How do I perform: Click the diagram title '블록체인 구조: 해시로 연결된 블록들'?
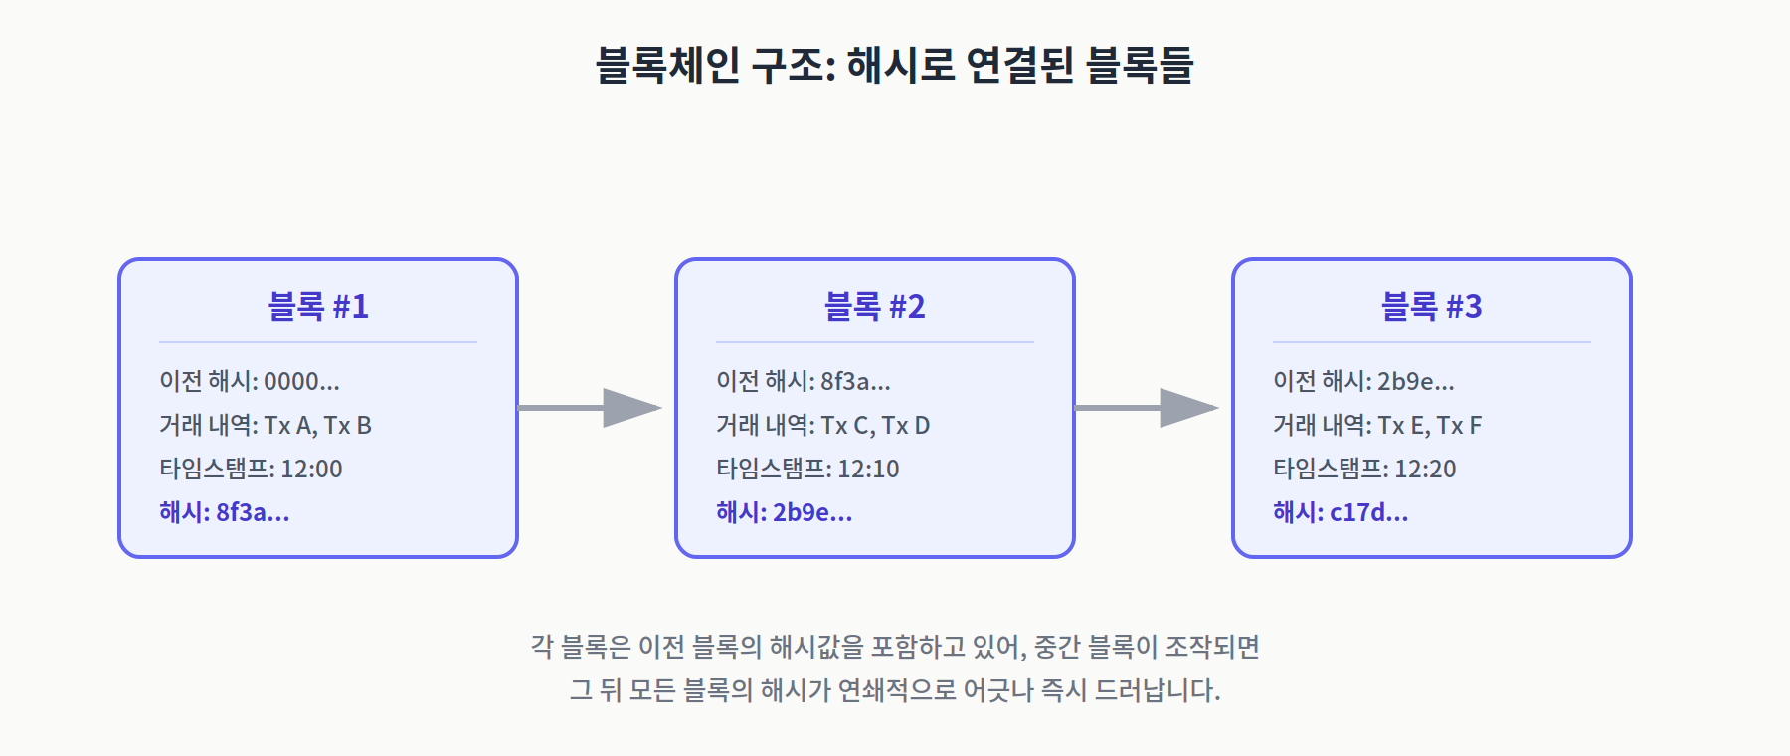tap(894, 65)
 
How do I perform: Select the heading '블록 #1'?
tap(318, 306)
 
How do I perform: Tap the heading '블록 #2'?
tap(875, 306)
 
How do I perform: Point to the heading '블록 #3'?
tap(1432, 306)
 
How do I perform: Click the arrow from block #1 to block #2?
tap(590, 408)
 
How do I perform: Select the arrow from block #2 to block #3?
tap(1147, 408)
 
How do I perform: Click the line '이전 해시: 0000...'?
tap(250, 381)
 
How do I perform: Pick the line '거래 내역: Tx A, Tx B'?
tap(266, 426)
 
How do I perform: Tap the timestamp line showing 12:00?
tap(251, 469)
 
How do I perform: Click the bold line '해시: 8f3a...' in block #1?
tap(225, 512)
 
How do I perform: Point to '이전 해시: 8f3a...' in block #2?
tap(804, 381)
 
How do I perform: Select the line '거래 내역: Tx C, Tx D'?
tap(823, 426)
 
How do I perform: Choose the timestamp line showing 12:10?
tap(807, 469)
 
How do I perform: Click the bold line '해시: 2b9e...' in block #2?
tap(785, 512)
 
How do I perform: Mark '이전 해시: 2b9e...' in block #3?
tap(1363, 381)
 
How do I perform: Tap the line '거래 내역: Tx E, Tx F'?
tap(1377, 426)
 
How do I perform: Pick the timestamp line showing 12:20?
tap(1364, 469)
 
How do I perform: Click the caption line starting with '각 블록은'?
tap(895, 647)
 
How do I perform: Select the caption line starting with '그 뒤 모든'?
tap(895, 690)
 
